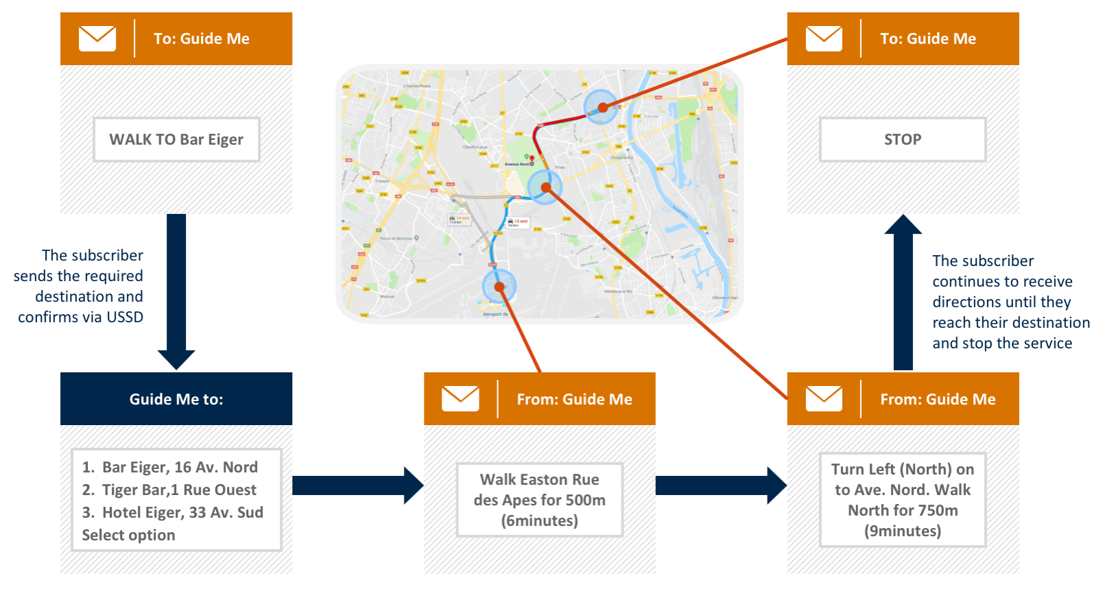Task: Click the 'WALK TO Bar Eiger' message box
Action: tap(176, 140)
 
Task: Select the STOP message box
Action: tap(903, 140)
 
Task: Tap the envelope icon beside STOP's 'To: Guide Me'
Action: tap(824, 38)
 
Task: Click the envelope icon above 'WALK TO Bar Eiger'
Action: tap(97, 38)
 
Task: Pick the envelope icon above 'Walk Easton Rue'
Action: tap(460, 398)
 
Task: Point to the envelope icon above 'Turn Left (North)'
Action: tap(824, 398)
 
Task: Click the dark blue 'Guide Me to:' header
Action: tap(176, 399)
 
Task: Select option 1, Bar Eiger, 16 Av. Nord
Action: tap(170, 467)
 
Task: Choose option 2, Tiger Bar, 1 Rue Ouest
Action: tap(169, 490)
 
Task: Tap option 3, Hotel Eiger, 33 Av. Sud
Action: tap(173, 512)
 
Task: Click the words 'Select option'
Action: tap(128, 535)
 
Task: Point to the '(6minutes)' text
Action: tap(540, 520)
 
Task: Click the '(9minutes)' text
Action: tap(903, 531)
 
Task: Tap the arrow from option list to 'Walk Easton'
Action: tap(357, 485)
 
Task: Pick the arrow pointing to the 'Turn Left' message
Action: tap(721, 485)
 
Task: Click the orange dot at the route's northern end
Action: tap(602, 107)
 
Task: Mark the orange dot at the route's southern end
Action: tap(499, 287)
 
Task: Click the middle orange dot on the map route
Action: tap(545, 187)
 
